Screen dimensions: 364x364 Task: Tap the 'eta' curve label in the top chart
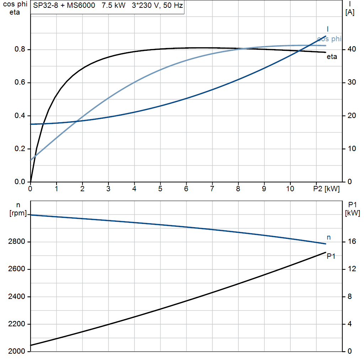pos(332,57)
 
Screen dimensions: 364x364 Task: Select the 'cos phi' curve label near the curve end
pos(329,39)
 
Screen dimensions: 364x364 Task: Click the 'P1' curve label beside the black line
pos(331,256)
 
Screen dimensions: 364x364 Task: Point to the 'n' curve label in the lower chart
pos(329,237)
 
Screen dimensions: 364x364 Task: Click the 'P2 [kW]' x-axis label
pos(326,189)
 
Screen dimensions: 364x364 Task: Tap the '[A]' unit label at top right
pos(350,13)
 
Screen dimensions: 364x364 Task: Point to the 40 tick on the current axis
pos(351,49)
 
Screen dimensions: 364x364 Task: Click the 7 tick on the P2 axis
pos(212,189)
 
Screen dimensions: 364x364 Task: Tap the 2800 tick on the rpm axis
pos(16,242)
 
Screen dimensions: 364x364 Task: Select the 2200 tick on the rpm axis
pos(16,324)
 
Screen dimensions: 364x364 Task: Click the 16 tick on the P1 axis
pos(351,242)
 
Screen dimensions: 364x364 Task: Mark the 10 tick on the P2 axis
pos(290,189)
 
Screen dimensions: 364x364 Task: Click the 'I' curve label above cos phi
pos(327,29)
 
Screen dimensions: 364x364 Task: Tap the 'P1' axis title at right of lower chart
pos(352,204)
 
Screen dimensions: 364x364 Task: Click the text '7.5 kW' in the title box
pos(113,6)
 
